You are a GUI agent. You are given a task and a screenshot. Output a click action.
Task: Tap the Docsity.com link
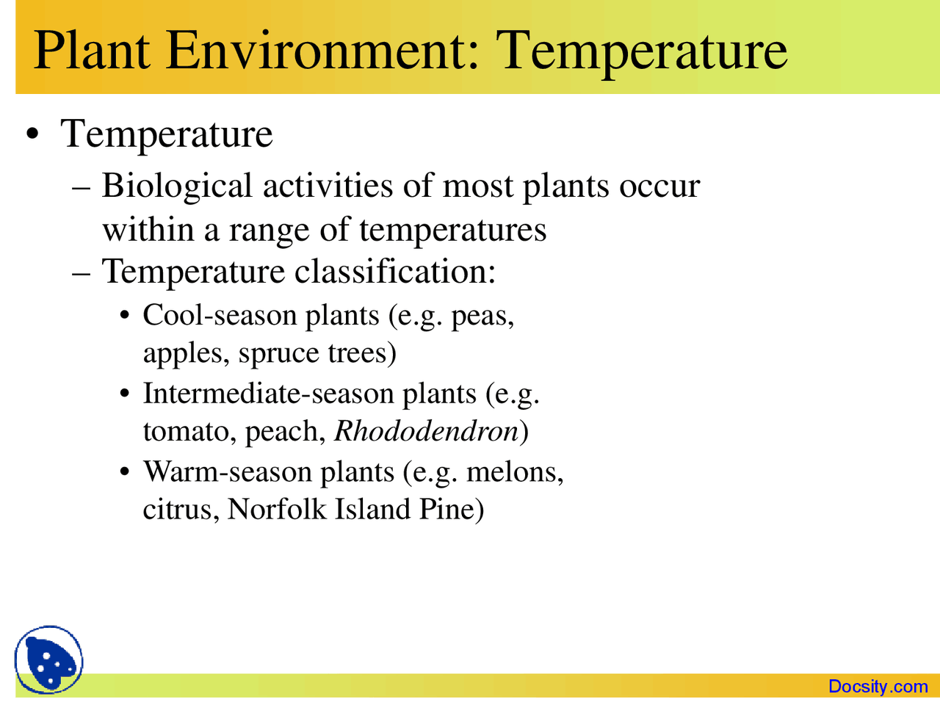878,687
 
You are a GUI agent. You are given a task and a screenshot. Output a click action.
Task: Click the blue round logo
48,660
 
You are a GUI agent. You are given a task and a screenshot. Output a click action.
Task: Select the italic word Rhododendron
427,431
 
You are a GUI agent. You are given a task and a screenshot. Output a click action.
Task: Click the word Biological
177,186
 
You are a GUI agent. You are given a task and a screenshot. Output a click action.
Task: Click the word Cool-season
220,315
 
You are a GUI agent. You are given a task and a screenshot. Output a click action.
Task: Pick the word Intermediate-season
268,394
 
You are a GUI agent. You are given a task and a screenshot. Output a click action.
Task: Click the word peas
482,317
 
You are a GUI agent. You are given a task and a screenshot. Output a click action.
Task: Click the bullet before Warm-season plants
125,471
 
